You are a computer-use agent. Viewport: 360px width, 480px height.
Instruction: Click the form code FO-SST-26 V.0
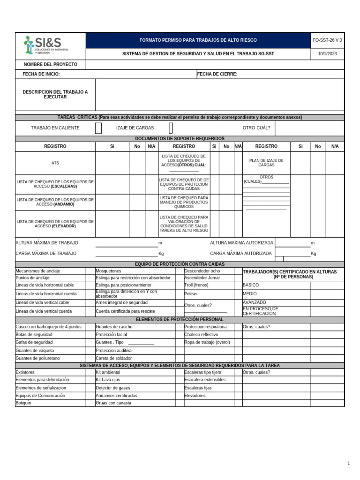point(327,40)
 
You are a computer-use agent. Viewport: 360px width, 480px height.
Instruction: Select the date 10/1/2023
point(327,54)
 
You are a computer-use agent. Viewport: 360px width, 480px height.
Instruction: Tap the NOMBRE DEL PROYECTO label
point(51,65)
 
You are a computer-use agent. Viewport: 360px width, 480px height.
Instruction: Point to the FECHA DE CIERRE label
point(217,74)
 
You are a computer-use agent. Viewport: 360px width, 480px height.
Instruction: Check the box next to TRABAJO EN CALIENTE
point(98,128)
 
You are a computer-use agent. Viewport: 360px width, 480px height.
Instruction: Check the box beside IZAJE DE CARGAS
point(171,128)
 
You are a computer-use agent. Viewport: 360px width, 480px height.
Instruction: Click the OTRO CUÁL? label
point(256,128)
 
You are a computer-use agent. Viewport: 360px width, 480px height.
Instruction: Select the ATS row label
point(55,163)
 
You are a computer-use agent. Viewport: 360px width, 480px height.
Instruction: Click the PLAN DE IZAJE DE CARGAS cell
point(266,163)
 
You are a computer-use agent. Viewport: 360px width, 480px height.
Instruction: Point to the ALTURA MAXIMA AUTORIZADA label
point(241,243)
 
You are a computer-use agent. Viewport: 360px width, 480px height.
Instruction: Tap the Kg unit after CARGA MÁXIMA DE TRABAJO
point(161,254)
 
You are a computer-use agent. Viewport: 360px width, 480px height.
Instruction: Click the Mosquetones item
point(108,271)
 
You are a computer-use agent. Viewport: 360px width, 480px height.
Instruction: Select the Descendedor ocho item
point(202,271)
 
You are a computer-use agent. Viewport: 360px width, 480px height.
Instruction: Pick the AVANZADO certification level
point(255,302)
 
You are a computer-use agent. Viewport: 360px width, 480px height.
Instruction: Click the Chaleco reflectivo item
point(201,335)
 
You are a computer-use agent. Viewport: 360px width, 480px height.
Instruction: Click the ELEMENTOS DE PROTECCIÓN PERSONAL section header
point(180,320)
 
